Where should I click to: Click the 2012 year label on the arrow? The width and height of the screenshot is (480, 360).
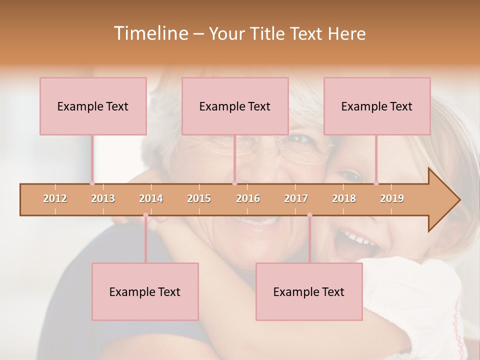pos(55,198)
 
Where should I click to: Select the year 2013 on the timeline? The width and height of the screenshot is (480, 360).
pos(103,198)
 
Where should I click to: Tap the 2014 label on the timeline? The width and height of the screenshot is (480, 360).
pos(151,198)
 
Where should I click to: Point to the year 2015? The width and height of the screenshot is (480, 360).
pos(199,198)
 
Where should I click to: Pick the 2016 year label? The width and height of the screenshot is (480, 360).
pos(248,198)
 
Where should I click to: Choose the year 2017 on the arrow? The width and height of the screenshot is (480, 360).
pos(296,198)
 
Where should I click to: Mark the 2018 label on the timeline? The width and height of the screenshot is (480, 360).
pos(344,198)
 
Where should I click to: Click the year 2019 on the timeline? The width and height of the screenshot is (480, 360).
pos(392,198)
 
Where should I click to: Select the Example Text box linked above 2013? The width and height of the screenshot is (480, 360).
pos(93,106)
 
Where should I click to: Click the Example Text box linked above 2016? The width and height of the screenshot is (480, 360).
pos(235,106)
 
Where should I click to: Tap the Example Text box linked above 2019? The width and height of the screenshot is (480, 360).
pos(377,106)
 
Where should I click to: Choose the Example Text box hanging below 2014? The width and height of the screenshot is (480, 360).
pos(145,291)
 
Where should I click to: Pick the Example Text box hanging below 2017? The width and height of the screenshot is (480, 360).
pos(309,291)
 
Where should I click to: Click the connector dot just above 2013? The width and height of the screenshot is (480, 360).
pos(92,183)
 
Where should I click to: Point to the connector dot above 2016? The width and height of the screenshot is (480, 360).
pos(234,183)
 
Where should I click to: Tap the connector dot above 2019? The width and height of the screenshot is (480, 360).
pos(376,183)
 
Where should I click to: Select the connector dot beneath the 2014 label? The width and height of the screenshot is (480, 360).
pos(145,215)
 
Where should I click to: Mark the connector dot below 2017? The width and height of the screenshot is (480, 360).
pos(309,215)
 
